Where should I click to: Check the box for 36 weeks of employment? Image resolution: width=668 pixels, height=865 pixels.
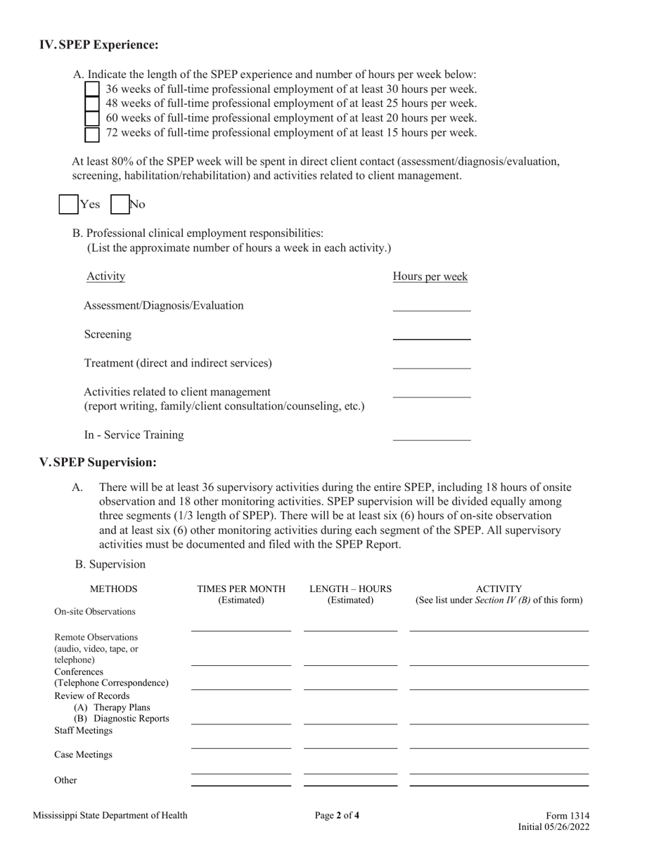[91, 89]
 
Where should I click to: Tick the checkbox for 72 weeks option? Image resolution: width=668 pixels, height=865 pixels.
[91, 133]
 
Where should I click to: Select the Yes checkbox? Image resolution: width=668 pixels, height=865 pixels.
[68, 205]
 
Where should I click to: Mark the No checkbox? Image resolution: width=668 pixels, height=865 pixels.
[120, 205]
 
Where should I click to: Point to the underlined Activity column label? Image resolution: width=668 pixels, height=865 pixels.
[105, 276]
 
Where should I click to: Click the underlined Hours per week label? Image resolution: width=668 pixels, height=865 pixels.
[430, 276]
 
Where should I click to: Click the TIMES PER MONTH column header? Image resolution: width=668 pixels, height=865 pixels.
[241, 589]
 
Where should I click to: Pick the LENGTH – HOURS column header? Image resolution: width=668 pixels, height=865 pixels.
[350, 589]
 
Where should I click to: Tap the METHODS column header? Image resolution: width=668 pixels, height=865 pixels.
[114, 589]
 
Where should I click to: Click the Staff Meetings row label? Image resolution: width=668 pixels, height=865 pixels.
[83, 731]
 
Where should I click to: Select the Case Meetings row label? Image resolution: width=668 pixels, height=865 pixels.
[83, 755]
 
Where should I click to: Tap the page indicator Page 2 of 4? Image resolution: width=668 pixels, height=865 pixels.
[337, 816]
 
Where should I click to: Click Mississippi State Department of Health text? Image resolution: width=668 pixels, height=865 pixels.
[110, 816]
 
